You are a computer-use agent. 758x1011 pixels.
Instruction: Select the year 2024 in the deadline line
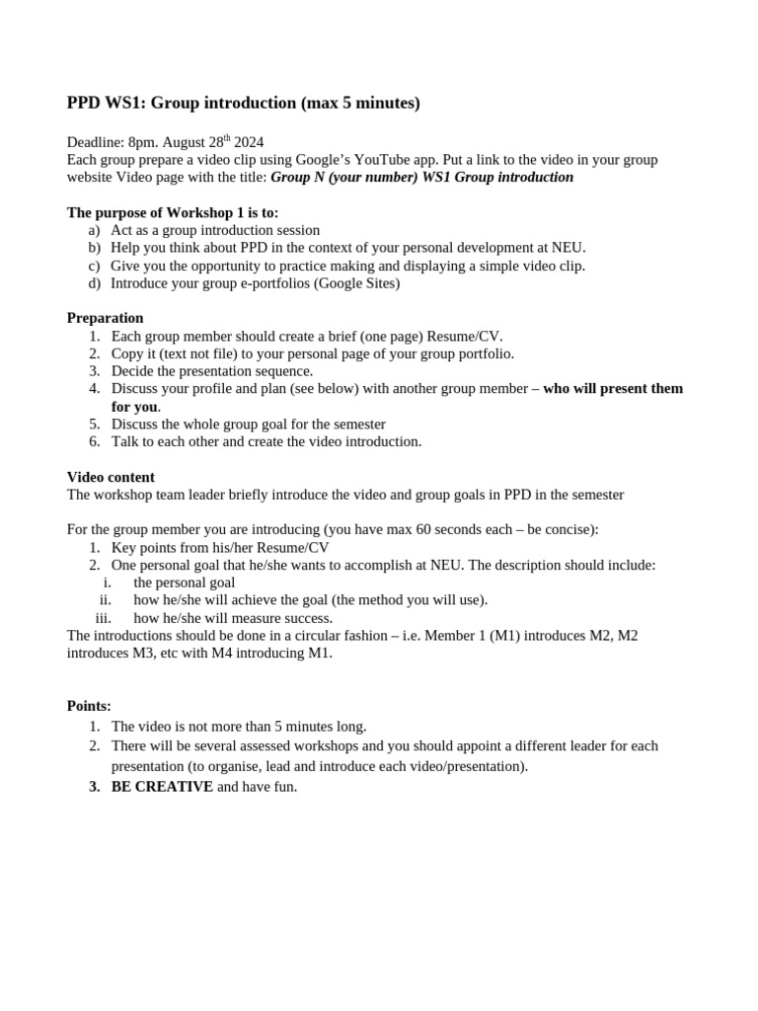(x=246, y=142)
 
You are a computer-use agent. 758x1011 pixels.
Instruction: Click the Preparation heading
(x=105, y=318)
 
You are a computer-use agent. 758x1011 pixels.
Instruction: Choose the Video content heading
(x=111, y=477)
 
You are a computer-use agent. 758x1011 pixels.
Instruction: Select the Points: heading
(x=89, y=706)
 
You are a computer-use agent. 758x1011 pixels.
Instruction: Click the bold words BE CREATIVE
(x=162, y=787)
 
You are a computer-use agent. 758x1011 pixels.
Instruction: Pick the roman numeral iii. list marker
(x=103, y=618)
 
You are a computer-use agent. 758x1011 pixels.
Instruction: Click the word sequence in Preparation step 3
(x=282, y=371)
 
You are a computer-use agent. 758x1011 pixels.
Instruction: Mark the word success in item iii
(x=308, y=618)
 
